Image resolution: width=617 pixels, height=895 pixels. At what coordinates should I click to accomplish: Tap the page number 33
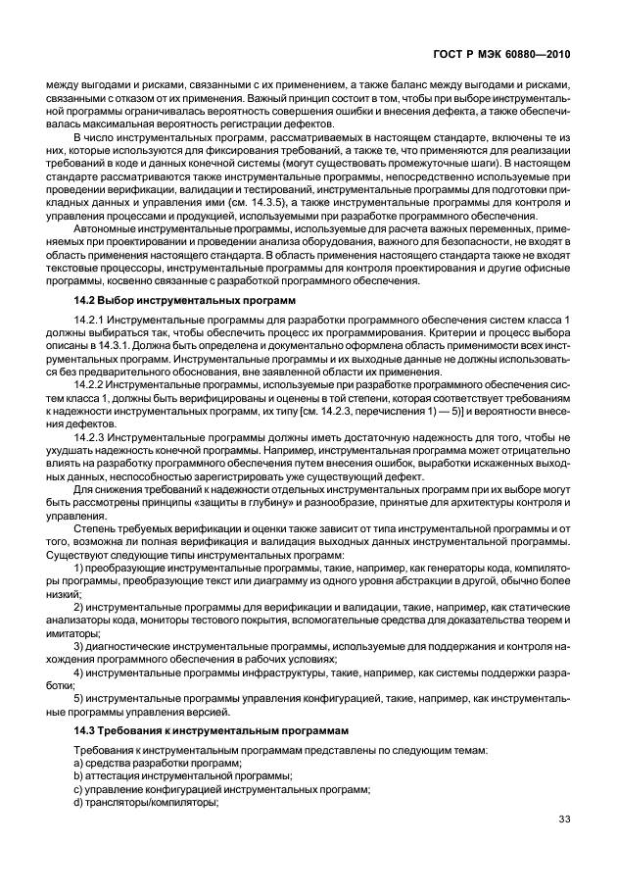(x=563, y=820)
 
